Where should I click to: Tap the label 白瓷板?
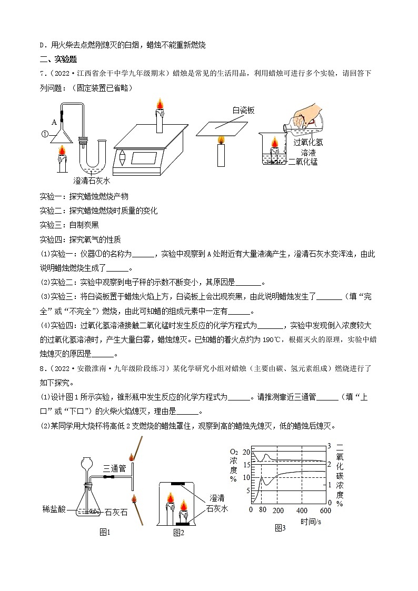point(243,110)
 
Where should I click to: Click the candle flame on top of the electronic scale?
point(158,104)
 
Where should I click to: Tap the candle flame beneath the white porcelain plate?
point(221,139)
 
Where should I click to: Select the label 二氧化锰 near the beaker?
point(303,162)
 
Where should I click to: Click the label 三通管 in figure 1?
point(115,467)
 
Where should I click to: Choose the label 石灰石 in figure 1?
point(116,512)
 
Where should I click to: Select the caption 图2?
point(178,533)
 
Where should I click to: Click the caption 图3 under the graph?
point(280,528)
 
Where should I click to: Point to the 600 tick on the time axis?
point(325,510)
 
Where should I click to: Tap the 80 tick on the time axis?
point(262,510)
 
